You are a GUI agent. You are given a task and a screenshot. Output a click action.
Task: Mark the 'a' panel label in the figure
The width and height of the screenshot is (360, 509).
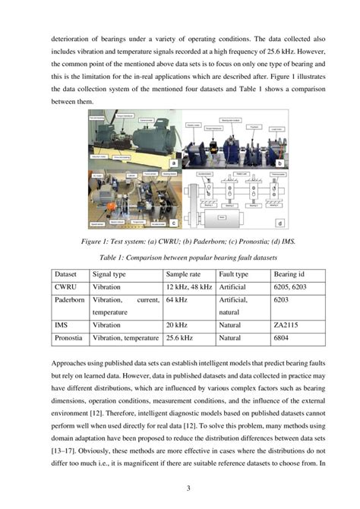pos(174,163)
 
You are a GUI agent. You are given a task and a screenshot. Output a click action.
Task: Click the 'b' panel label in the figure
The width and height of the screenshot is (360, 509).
pos(279,163)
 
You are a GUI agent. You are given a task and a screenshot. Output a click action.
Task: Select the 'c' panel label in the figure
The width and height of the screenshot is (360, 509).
pos(174,223)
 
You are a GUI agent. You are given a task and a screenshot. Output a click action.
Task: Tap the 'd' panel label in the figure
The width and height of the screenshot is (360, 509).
pos(279,223)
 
